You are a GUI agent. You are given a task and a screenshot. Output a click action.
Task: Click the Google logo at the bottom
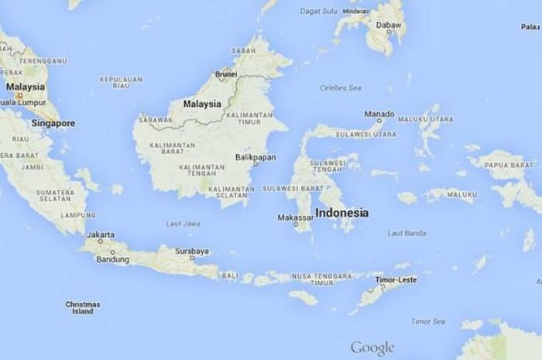point(372,348)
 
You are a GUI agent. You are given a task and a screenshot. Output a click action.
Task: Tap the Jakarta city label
point(101,235)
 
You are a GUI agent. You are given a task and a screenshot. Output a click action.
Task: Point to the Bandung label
point(112,259)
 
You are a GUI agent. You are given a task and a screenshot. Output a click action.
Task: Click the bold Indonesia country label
point(341,212)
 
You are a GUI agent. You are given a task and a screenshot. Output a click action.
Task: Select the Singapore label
point(53,123)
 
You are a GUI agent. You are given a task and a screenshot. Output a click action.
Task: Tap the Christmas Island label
point(83,307)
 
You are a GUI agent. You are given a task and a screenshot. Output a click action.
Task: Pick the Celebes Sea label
point(341,88)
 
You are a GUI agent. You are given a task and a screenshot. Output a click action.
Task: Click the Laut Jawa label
point(183,224)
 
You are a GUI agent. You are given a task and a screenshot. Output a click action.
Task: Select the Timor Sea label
point(427,321)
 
